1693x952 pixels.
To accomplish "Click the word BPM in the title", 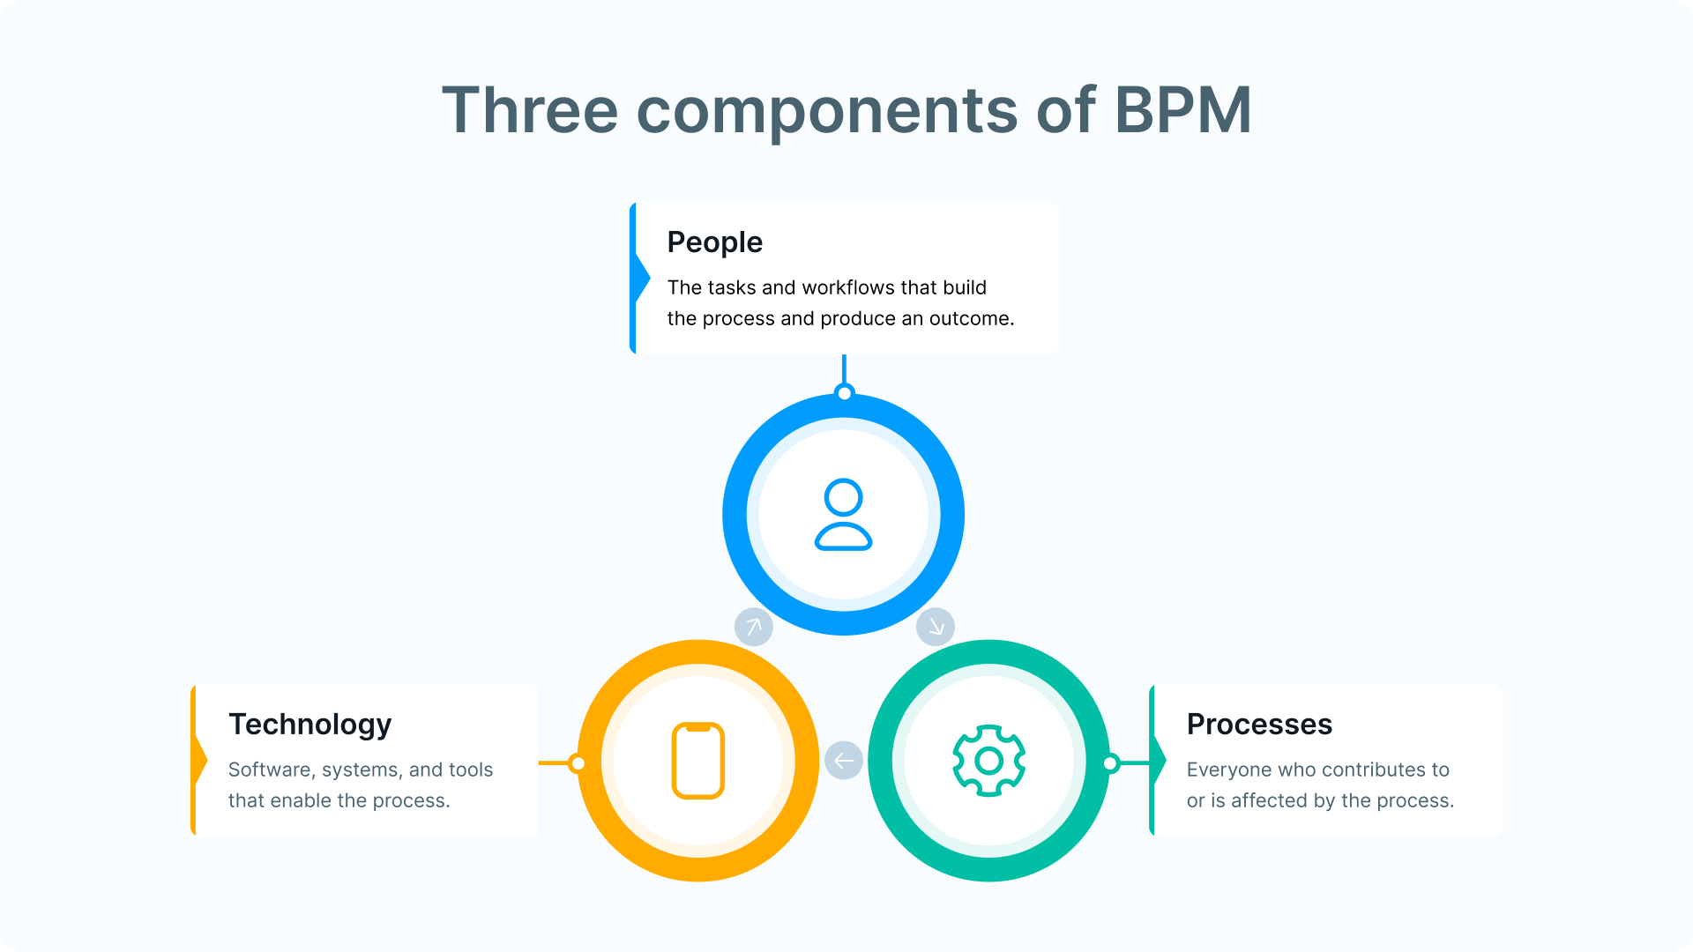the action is (x=1182, y=110).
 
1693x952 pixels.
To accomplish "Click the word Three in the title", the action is (x=530, y=110).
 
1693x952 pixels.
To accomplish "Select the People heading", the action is (x=714, y=242).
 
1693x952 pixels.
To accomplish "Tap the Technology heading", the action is (x=310, y=725).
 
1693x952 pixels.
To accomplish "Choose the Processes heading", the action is (x=1259, y=724).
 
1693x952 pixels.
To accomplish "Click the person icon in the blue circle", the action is (x=844, y=515).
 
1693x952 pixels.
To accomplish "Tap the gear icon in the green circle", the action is (x=988, y=761).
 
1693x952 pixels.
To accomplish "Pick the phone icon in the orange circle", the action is (x=698, y=761).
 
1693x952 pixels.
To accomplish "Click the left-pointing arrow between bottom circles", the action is (x=844, y=761).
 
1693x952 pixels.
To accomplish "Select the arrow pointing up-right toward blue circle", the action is (x=754, y=627).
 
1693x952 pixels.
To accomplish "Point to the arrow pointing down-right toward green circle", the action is (x=936, y=627).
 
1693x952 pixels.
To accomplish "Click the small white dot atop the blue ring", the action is (x=844, y=393).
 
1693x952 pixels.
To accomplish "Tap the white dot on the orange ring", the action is (x=578, y=762).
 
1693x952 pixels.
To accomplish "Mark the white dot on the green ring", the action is (x=1111, y=762).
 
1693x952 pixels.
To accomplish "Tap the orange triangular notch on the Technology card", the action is (x=201, y=760).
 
